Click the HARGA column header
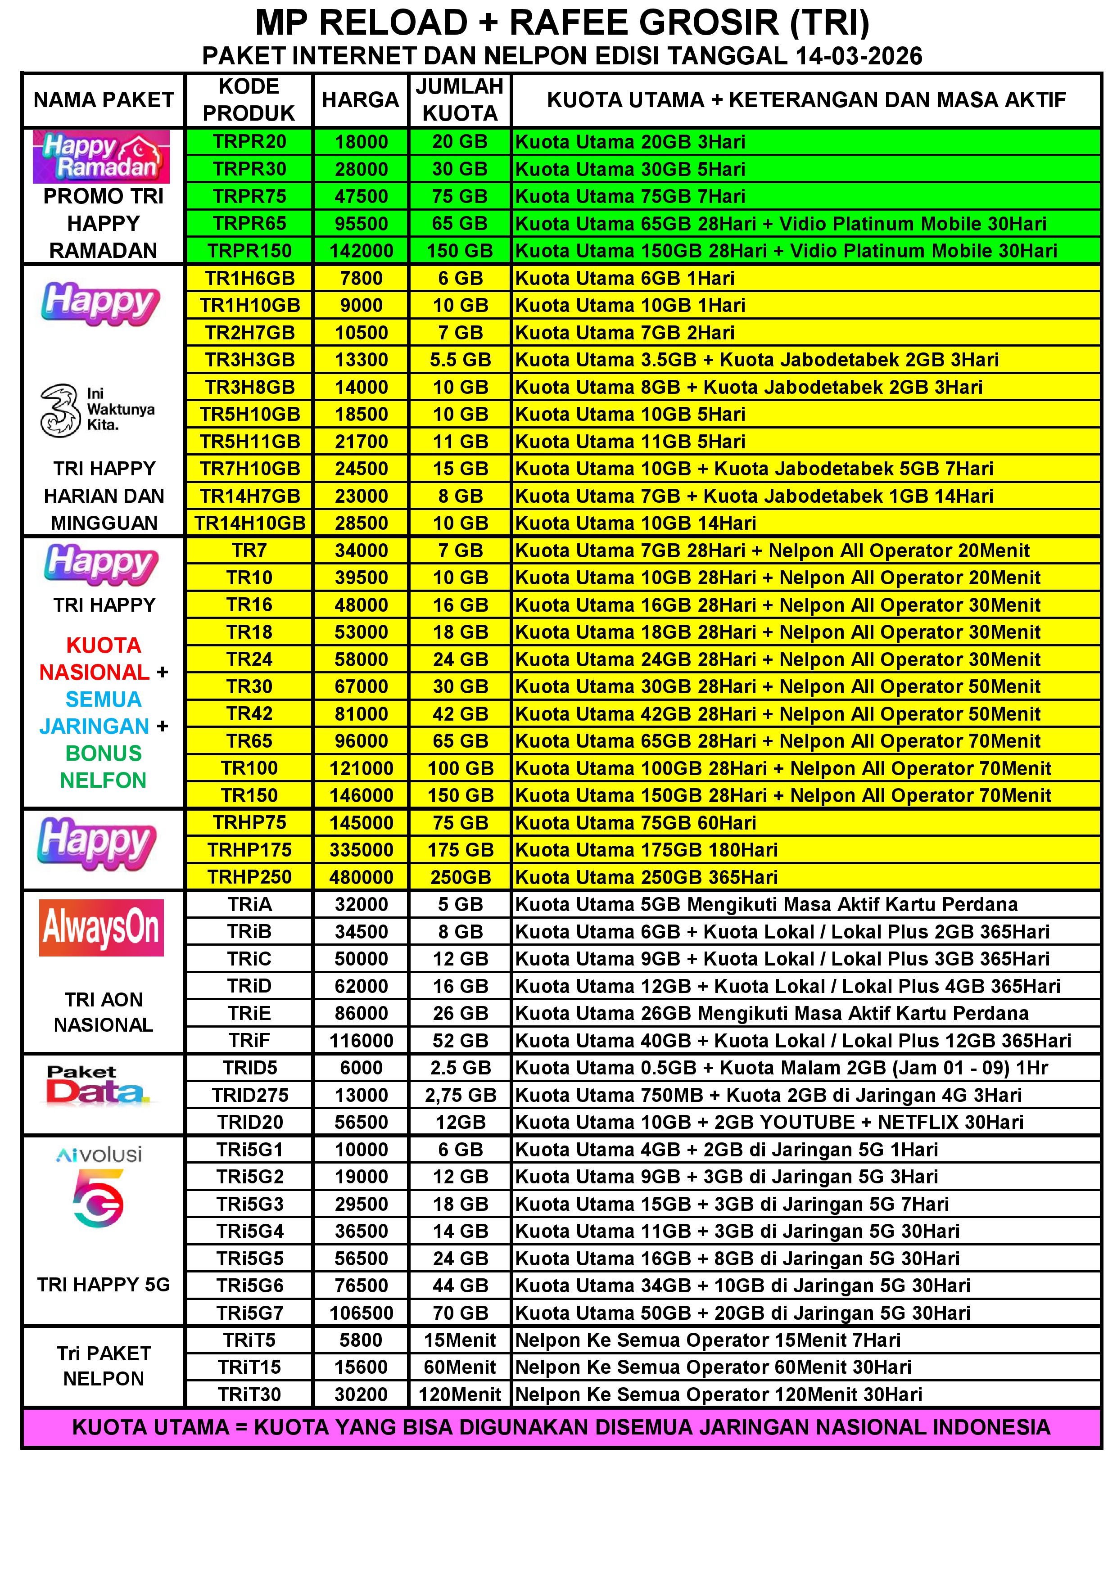[361, 100]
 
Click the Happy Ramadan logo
[101, 157]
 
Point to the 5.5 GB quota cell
[460, 360]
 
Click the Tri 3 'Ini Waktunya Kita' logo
[98, 410]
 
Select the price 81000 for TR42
[361, 714]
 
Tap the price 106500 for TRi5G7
[361, 1313]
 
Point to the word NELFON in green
[103, 780]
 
